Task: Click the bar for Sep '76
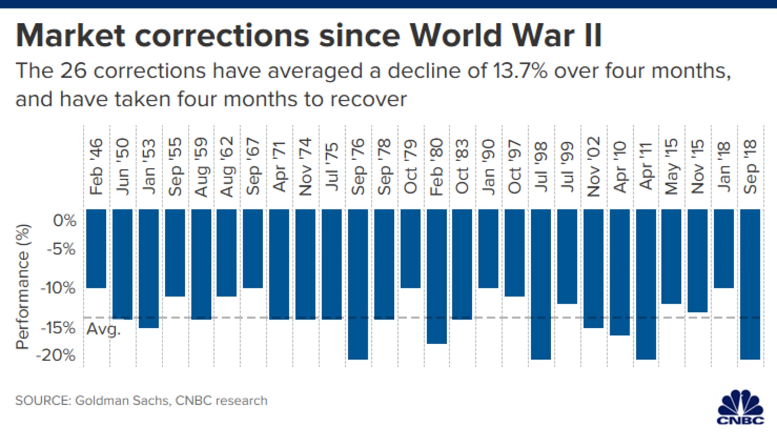click(x=358, y=284)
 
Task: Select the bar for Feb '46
click(x=96, y=248)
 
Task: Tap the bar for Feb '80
click(x=437, y=276)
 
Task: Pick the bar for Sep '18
click(x=750, y=284)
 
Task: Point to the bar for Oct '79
click(x=410, y=248)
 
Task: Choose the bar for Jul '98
click(x=541, y=284)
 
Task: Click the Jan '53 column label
click(x=149, y=167)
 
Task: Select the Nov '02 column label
click(x=593, y=167)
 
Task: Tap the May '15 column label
click(x=672, y=167)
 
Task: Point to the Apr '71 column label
click(x=280, y=167)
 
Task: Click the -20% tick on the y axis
click(x=56, y=355)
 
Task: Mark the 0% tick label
click(x=64, y=220)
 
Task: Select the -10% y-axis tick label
click(x=58, y=287)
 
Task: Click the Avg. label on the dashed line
click(x=103, y=330)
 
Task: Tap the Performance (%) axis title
click(x=23, y=286)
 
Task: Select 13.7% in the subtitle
click(x=520, y=71)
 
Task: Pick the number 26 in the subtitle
click(x=73, y=71)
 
